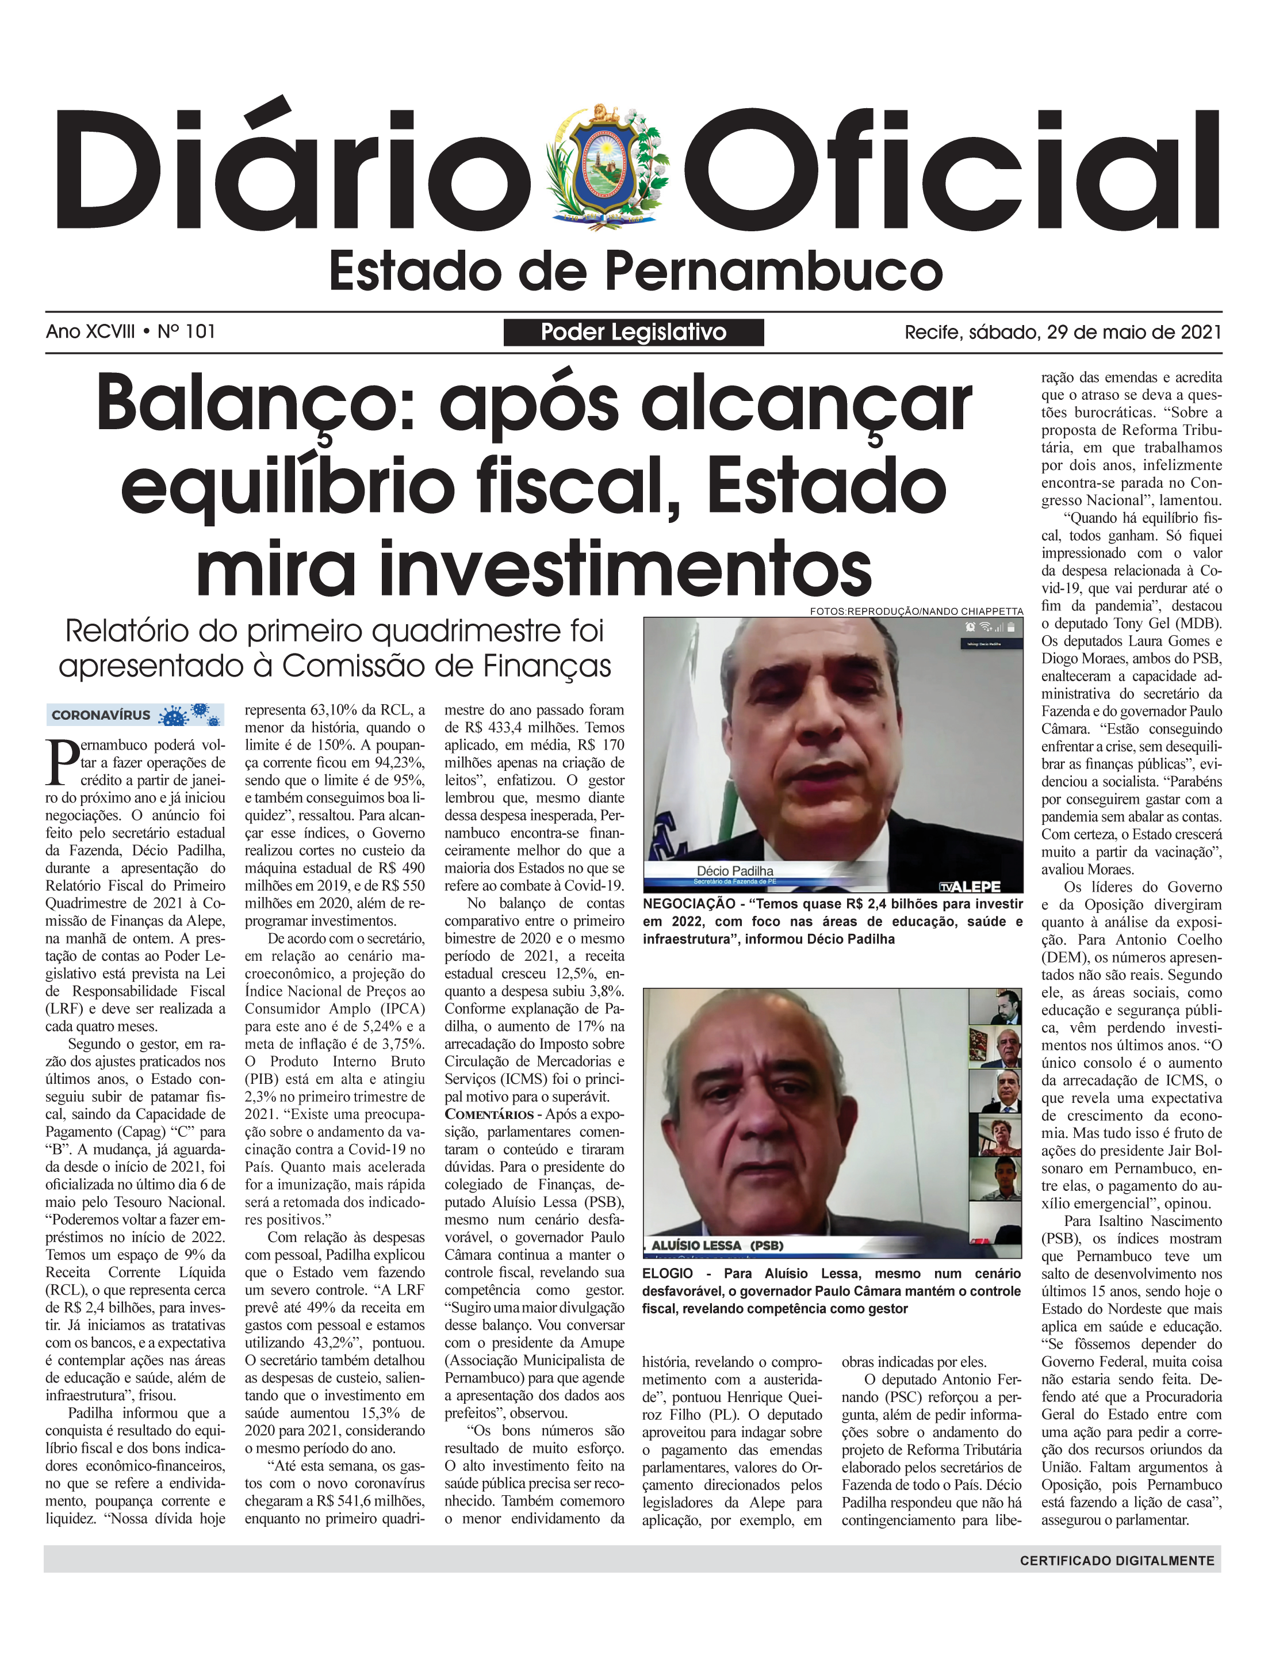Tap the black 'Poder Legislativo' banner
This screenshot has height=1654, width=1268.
[633, 332]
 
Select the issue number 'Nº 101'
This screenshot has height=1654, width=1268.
[186, 331]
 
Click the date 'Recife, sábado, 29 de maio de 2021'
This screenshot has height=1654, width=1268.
[1063, 332]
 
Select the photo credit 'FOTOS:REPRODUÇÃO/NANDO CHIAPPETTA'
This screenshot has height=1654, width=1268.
[916, 611]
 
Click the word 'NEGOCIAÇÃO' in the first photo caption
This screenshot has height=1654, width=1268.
[688, 904]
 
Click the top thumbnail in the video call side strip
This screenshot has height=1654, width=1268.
[995, 1006]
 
